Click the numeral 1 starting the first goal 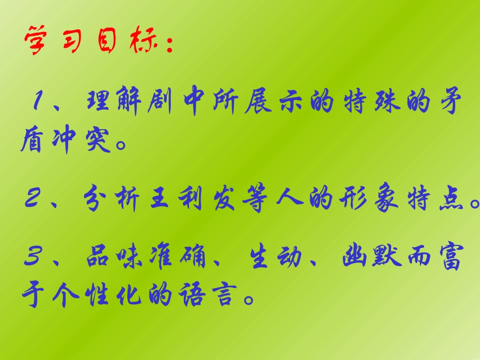coord(38,103)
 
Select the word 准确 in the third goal coord(185,258)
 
